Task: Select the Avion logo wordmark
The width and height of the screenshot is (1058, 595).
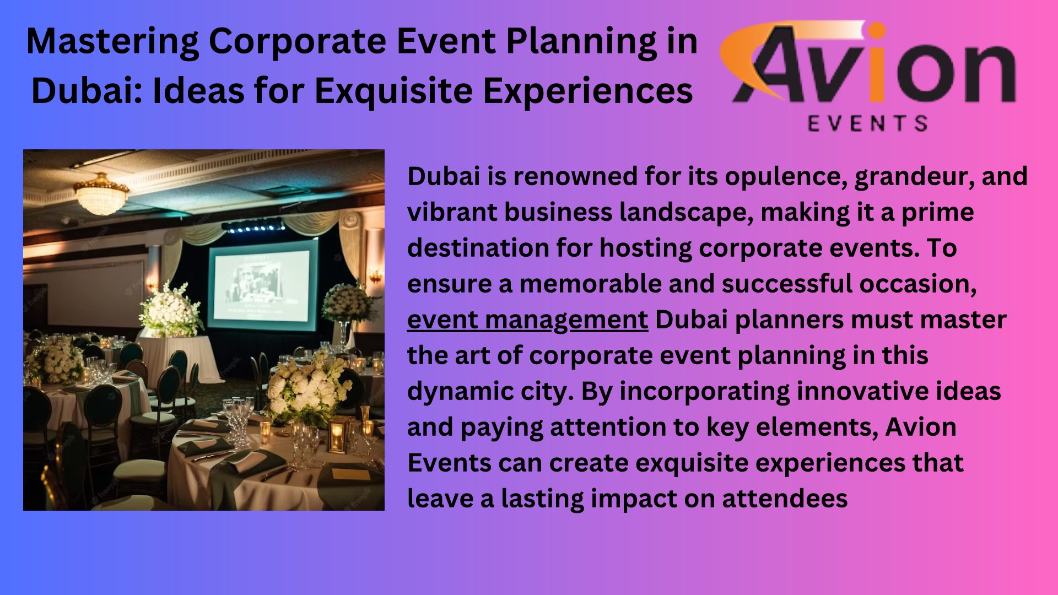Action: pos(868,63)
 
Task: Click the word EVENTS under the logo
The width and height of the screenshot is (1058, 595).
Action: pos(868,123)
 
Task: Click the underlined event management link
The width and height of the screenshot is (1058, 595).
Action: pos(527,320)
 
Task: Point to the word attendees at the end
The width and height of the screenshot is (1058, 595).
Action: pos(785,499)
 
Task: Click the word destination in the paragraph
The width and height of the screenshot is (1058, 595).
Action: pos(478,248)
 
